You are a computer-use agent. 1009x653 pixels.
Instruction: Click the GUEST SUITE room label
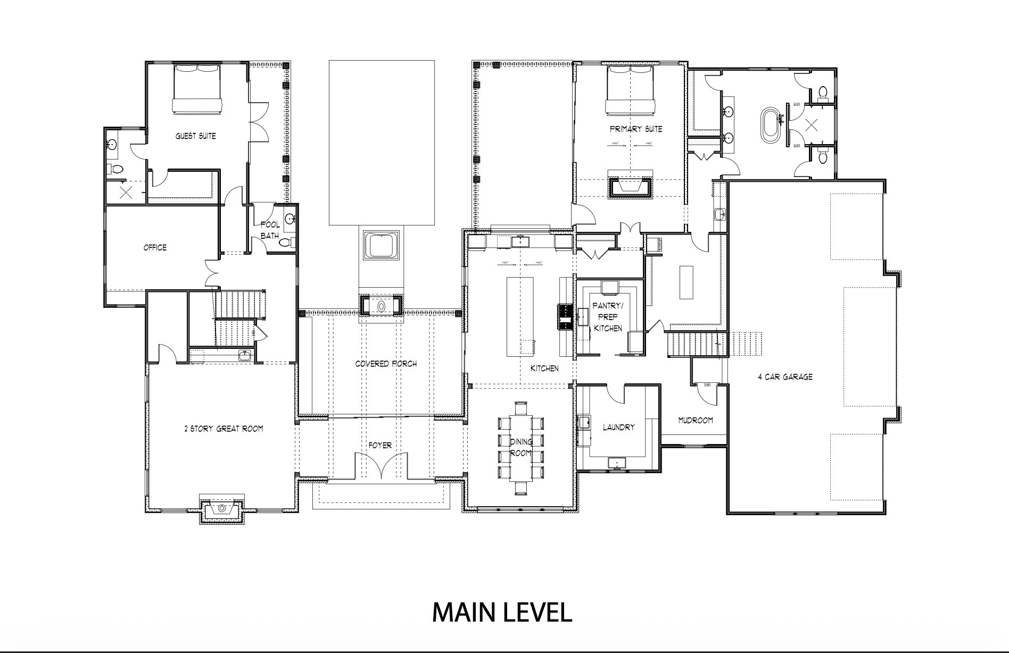point(196,136)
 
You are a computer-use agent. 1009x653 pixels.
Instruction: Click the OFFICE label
point(155,247)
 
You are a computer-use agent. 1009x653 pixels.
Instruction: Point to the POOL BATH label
point(270,230)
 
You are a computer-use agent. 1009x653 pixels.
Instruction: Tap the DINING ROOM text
point(520,447)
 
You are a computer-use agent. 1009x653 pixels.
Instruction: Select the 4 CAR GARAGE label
point(785,377)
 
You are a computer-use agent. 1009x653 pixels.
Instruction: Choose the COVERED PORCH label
point(386,364)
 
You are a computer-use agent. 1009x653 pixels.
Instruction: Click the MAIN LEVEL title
point(502,612)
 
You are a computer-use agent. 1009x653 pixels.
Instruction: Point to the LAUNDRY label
point(619,427)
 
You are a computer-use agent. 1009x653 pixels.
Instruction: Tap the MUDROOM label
point(695,420)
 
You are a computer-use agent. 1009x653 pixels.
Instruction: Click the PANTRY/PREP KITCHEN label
point(608,317)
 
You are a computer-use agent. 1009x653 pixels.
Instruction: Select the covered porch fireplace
point(381,307)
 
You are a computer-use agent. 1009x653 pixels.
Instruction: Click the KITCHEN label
point(544,368)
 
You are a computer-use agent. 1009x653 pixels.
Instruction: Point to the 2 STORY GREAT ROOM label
point(224,429)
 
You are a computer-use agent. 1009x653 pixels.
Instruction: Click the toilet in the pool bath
point(285,243)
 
